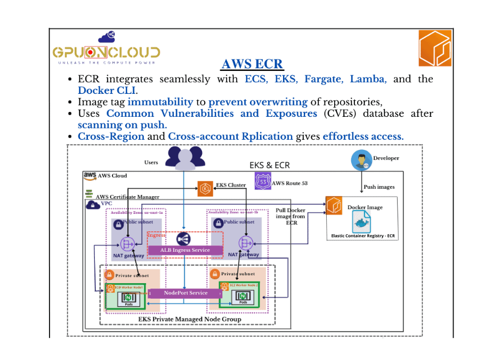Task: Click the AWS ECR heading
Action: pos(252,65)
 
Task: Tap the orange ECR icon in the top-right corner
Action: pos(434,48)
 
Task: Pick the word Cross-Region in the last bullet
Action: pos(111,136)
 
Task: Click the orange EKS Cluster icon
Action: pos(205,188)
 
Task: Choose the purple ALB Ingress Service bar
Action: pos(185,250)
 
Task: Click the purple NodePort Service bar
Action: pos(185,293)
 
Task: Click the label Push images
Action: pos(379,187)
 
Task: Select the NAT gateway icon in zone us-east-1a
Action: pos(128,243)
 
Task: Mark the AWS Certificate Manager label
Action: pos(127,197)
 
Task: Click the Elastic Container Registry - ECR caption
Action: pos(362,236)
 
